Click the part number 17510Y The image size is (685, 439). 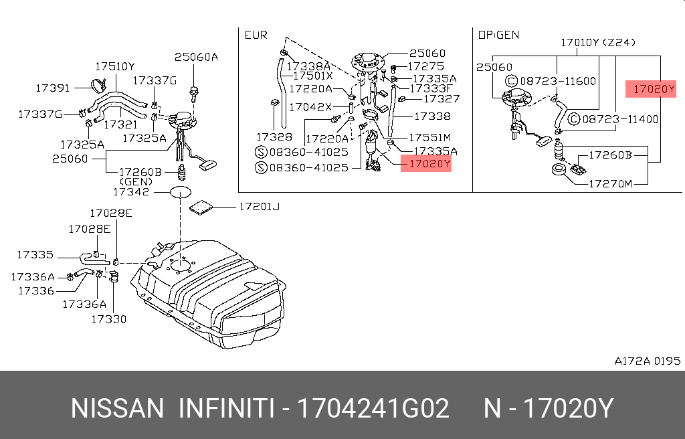(115, 66)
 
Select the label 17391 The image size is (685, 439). (52, 88)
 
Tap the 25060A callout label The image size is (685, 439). (196, 57)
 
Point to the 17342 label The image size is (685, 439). (131, 191)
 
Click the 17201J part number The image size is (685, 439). (260, 206)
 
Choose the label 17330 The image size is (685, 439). (109, 319)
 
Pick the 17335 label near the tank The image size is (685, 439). (35, 254)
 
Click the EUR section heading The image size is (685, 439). (256, 35)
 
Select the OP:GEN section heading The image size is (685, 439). (498, 35)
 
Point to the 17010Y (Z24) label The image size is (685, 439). (598, 42)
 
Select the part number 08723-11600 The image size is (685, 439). (558, 81)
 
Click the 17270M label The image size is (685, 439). (610, 183)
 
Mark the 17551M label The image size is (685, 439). (430, 138)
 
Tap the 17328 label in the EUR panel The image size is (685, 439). (274, 137)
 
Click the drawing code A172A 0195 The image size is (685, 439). (648, 361)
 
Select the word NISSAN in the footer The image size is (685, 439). (117, 408)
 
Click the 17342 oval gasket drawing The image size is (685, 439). (181, 191)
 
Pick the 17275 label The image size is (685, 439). (425, 66)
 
